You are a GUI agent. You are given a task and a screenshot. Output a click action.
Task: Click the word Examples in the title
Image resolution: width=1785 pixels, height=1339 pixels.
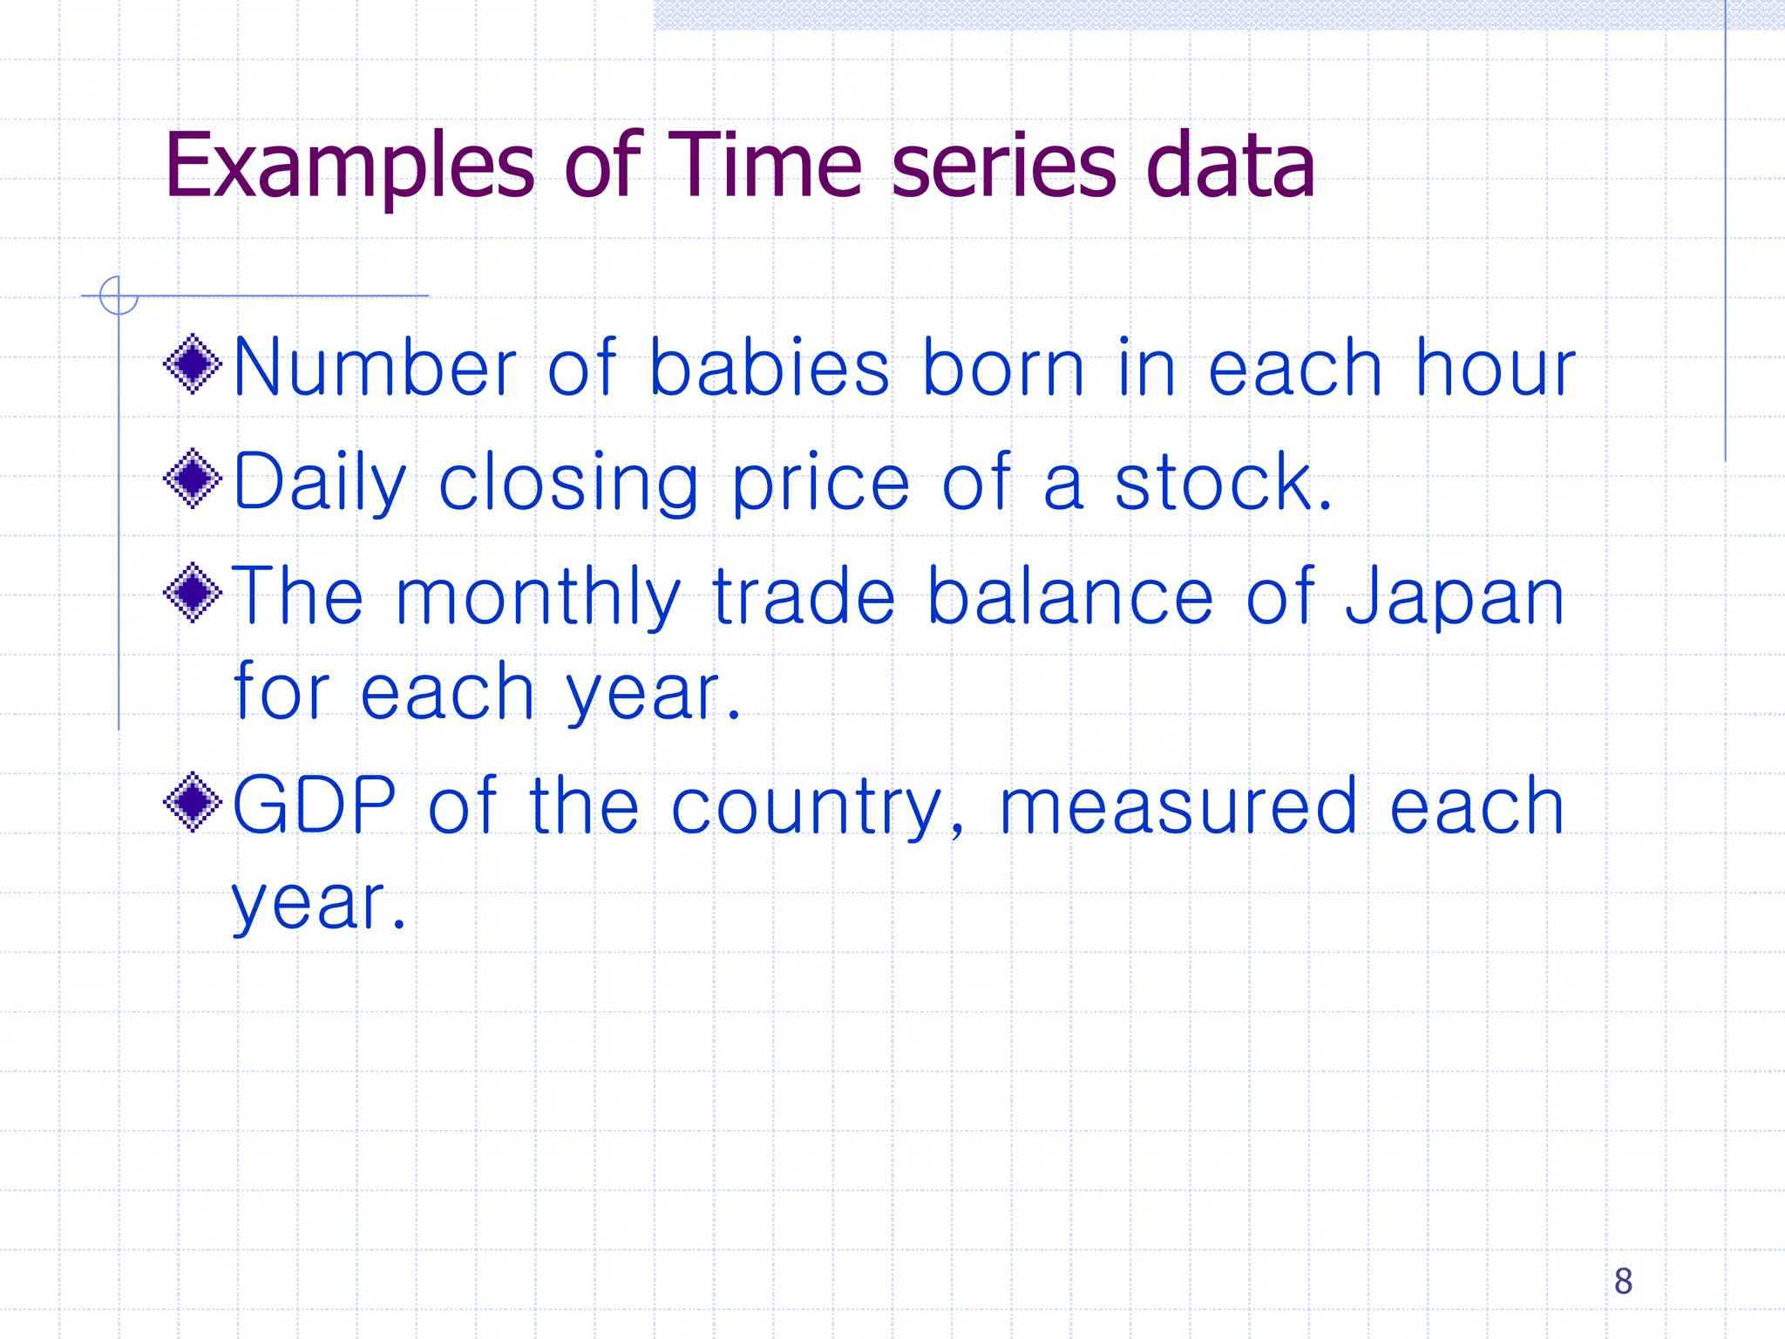349,166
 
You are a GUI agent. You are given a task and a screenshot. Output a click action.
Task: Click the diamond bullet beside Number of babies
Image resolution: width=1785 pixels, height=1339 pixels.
193,364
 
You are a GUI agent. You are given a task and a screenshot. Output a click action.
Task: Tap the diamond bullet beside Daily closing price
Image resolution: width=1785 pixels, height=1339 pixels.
193,479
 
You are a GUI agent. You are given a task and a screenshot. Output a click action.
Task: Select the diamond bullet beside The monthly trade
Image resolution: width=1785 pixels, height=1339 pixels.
193,594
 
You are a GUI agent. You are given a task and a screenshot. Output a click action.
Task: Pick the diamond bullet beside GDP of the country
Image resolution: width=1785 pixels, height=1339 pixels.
193,802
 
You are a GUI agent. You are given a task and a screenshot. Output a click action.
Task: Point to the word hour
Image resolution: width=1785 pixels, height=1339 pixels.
1496,368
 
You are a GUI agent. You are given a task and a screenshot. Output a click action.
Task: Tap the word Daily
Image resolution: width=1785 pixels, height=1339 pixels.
320,482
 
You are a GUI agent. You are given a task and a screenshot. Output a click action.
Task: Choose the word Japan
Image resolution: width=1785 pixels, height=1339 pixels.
1455,597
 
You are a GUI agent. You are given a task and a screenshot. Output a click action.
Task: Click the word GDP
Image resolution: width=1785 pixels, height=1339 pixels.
315,805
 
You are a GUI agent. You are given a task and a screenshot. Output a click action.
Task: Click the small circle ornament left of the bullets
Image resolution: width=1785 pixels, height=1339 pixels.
119,296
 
